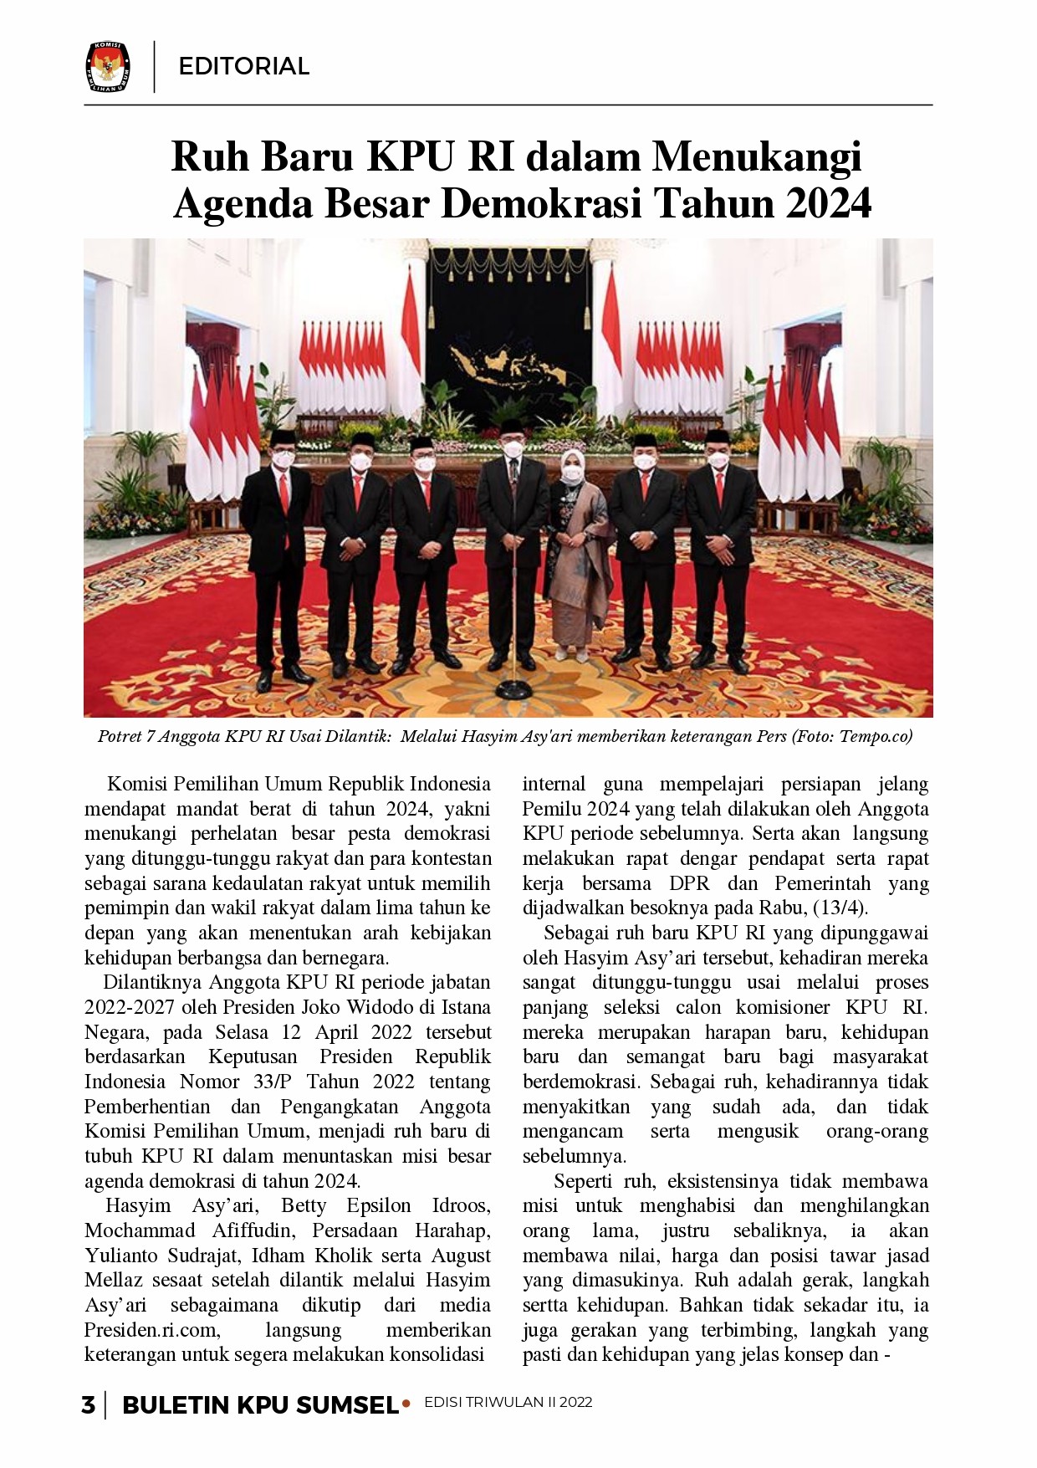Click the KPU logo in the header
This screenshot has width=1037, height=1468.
tap(108, 66)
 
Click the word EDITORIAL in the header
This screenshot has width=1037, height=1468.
tap(244, 66)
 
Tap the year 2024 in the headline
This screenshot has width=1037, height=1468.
tap(828, 203)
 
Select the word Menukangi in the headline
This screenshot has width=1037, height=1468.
tap(757, 156)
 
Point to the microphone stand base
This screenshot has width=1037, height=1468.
tap(512, 690)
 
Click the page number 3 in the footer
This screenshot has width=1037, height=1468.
tap(88, 1405)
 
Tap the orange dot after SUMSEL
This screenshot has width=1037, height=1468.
tap(406, 1403)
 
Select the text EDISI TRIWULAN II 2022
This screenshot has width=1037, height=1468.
tap(508, 1403)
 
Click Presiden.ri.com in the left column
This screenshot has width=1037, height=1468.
tap(152, 1330)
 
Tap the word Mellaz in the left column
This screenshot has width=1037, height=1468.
tap(114, 1281)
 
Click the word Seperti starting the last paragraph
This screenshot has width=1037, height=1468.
tap(583, 1181)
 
